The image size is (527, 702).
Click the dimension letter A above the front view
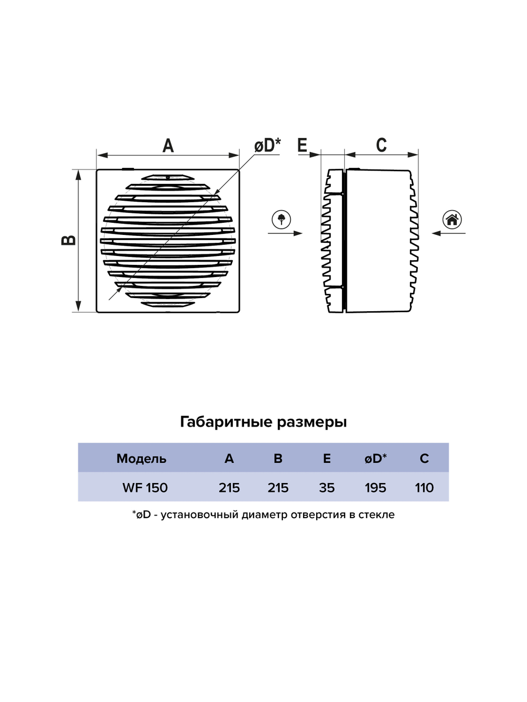coord(168,146)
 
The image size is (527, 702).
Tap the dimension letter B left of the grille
coord(69,240)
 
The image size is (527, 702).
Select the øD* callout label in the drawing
coord(268,145)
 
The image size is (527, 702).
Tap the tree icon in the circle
coord(281,220)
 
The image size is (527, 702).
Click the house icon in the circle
coord(452,220)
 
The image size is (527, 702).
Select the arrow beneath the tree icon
coord(285,233)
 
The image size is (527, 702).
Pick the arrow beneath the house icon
coord(448,233)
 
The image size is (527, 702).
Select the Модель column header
coord(141,459)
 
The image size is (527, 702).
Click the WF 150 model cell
coord(145,488)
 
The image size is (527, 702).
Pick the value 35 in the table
coord(327,488)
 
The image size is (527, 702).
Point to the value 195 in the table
coord(375,488)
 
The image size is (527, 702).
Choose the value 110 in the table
coord(424,488)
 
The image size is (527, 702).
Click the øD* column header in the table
coord(375,459)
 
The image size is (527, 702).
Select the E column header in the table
coord(327,459)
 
